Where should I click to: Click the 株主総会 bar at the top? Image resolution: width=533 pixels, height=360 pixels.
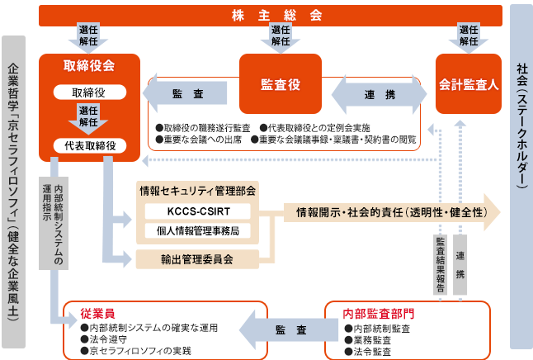271,16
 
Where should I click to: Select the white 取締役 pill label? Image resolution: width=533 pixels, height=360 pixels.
90,92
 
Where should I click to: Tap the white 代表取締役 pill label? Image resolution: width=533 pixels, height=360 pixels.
90,146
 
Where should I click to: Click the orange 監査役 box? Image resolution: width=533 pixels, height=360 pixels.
281,83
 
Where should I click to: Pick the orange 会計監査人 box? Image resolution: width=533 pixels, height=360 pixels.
469,83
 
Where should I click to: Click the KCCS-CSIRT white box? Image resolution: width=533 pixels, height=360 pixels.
198,211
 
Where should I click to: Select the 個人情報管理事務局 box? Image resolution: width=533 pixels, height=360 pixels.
198,231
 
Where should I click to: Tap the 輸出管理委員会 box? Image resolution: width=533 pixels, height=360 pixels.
197,259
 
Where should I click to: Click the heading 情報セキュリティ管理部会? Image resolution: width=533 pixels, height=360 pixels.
197,191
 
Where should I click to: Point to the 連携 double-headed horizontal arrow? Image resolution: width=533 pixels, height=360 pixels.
379,94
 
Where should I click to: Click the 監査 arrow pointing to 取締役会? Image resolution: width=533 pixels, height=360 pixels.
185,93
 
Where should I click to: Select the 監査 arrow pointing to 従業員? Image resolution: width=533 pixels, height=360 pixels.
289,329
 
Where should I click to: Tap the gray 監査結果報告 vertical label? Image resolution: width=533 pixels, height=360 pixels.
441,265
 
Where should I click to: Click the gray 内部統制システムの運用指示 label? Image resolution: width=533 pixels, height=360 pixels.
54,223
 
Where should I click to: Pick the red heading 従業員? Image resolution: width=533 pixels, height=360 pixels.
97,314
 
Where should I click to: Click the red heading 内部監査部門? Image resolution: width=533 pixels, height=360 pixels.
379,314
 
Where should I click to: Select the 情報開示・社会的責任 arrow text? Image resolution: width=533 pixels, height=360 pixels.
392,213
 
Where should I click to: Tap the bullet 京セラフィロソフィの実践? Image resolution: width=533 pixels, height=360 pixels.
136,351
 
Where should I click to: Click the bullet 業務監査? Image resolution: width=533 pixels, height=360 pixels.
368,340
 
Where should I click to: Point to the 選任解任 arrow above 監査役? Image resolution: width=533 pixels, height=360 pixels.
281,37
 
